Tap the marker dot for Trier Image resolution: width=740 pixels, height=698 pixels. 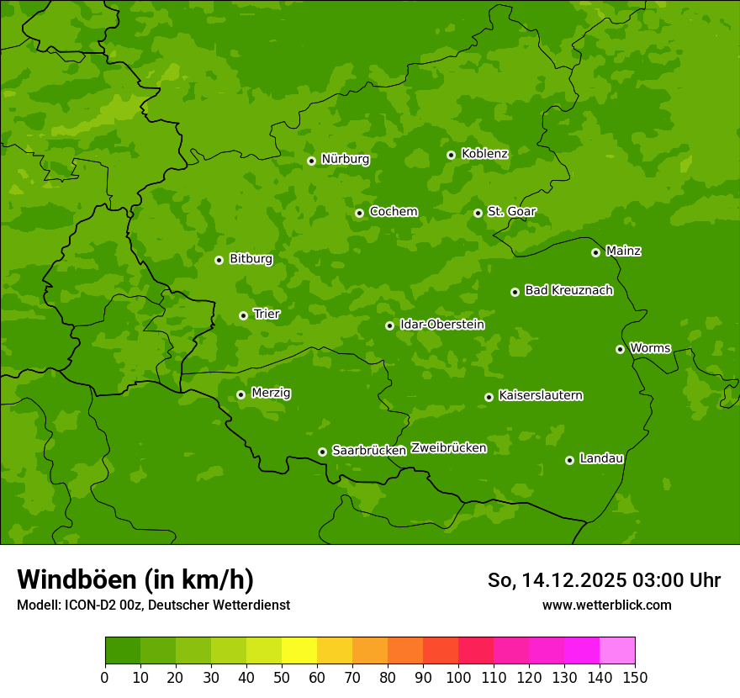(x=243, y=315)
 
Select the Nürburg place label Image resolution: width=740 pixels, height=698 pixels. (x=345, y=159)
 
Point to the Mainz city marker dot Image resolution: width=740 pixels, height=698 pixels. (x=595, y=252)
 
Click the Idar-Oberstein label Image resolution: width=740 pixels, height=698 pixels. (x=441, y=325)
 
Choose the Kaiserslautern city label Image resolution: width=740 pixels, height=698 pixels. (x=540, y=395)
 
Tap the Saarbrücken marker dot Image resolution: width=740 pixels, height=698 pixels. (x=322, y=452)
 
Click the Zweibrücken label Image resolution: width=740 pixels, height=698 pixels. (x=448, y=448)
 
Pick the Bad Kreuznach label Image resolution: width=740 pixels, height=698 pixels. (x=568, y=290)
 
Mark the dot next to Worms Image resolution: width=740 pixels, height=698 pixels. (x=620, y=349)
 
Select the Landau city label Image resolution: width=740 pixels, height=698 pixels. (x=601, y=458)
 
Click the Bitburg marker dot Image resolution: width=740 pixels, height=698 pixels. (x=219, y=260)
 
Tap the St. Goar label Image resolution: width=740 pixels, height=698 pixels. (x=511, y=212)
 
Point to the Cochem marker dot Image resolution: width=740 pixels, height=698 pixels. (x=359, y=213)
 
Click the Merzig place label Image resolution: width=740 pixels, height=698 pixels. (x=271, y=393)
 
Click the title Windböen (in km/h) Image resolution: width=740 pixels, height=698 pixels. (x=135, y=579)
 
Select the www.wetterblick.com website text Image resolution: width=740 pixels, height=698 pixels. (x=606, y=605)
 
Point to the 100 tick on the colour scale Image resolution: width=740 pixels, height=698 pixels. (x=458, y=677)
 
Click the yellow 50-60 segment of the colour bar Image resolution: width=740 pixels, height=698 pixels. (x=299, y=651)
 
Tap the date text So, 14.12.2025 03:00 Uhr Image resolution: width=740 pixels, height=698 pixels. (x=604, y=580)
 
